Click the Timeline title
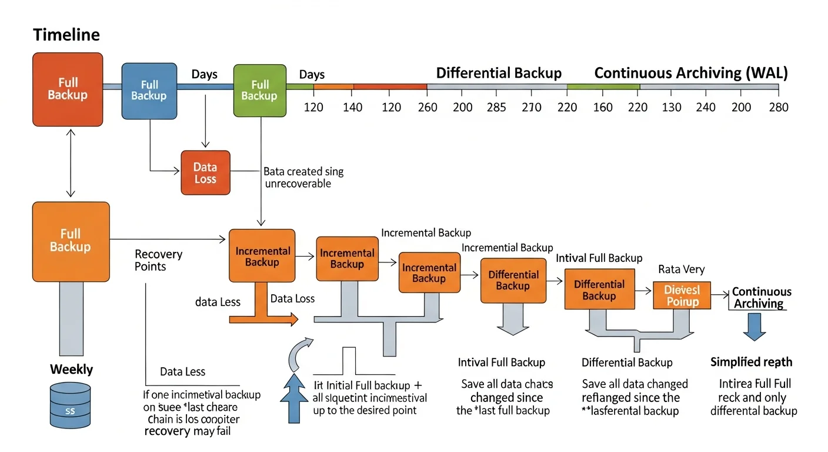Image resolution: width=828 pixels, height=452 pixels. click(x=66, y=35)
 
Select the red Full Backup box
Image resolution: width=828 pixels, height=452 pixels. click(x=68, y=89)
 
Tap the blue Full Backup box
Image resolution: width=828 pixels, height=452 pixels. click(x=149, y=90)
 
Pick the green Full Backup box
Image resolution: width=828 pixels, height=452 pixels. click(x=259, y=91)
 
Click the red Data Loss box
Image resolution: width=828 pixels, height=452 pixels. click(x=205, y=173)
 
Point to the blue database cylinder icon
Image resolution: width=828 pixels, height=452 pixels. click(x=70, y=406)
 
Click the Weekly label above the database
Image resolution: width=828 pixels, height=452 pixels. click(x=71, y=370)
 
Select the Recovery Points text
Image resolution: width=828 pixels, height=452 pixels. click(x=158, y=260)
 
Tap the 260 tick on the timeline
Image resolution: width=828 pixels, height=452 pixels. click(x=427, y=107)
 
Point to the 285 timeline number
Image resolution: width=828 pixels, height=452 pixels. click(x=496, y=107)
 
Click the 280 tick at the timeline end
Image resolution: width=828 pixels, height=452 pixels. click(x=778, y=107)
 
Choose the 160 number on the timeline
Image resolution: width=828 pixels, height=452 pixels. click(x=603, y=107)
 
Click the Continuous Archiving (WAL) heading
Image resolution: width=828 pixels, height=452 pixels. click(x=691, y=74)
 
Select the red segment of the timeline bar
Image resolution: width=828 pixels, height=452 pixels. click(x=390, y=87)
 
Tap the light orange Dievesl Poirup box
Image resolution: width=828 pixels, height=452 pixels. click(x=682, y=295)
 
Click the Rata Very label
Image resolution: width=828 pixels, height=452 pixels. click(x=681, y=270)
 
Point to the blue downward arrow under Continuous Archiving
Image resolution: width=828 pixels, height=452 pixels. click(x=754, y=327)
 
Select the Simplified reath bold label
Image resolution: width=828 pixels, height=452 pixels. click(x=751, y=362)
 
